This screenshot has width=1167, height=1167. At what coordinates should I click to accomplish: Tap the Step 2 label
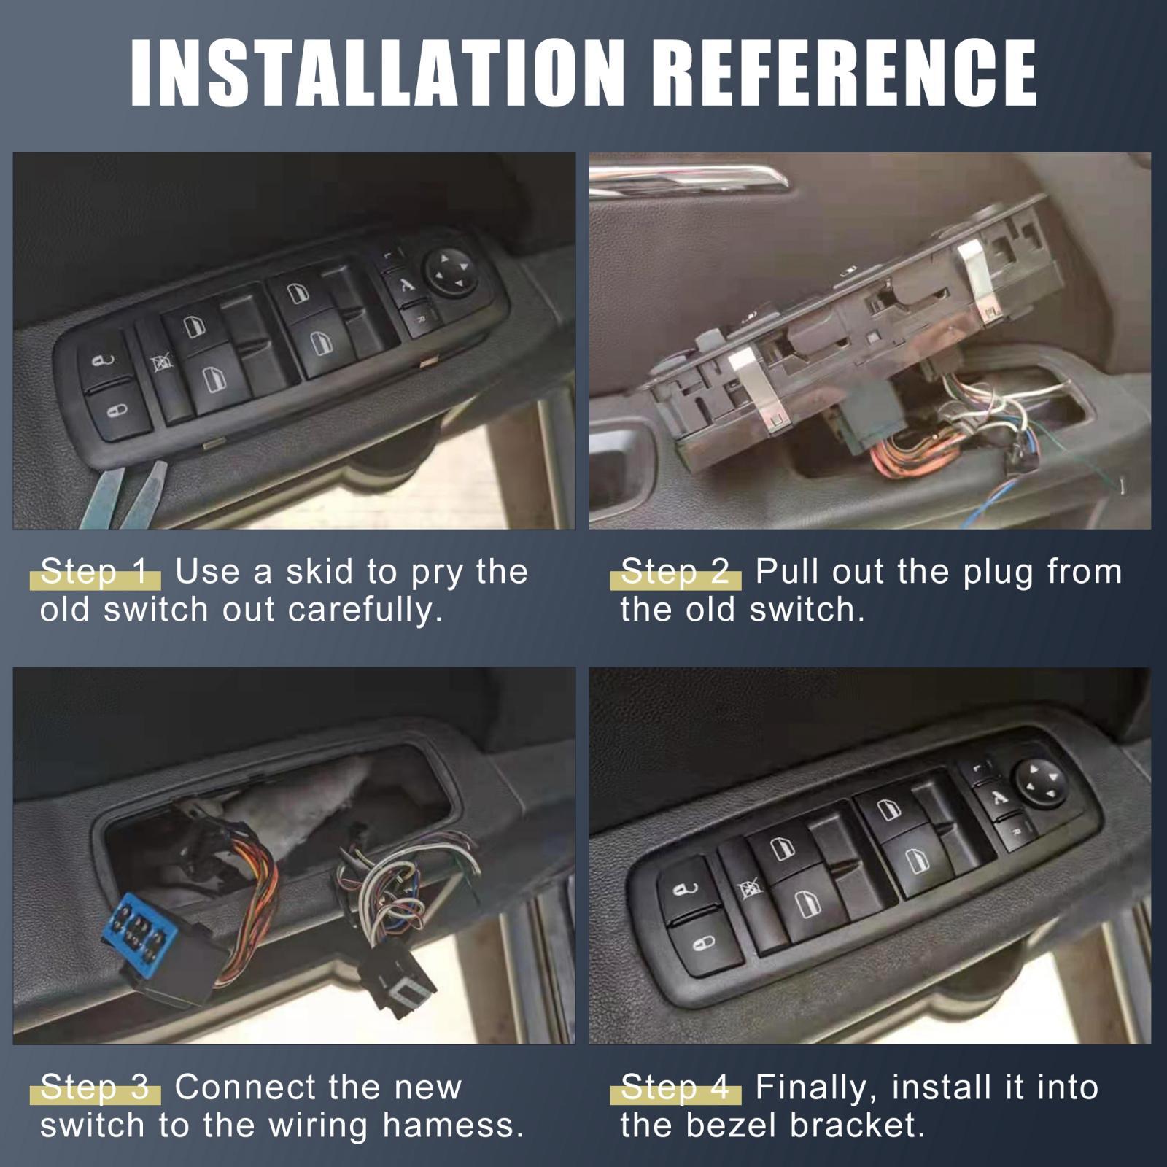[675, 573]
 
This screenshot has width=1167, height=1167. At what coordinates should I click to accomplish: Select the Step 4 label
[675, 1088]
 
